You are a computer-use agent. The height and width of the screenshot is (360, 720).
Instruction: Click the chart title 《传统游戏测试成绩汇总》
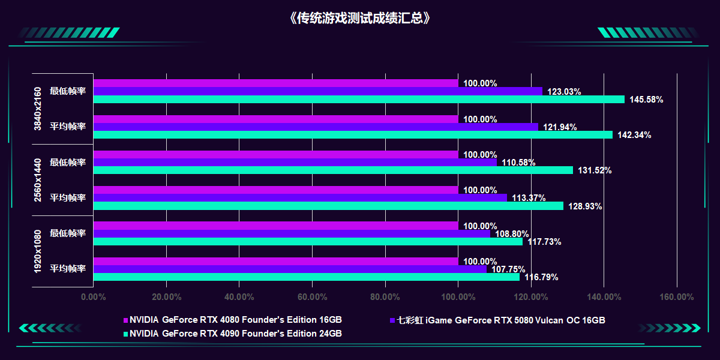(359, 18)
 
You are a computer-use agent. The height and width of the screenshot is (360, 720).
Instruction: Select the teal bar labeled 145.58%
(359, 100)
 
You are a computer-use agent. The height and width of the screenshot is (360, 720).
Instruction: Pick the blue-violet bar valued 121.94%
(316, 127)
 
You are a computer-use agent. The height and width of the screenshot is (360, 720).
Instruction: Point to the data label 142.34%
(634, 135)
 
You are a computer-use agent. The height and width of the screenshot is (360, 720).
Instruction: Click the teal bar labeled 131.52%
(333, 170)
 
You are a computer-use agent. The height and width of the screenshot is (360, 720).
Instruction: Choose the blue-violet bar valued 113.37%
(300, 198)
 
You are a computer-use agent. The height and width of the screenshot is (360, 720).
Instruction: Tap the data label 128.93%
(585, 206)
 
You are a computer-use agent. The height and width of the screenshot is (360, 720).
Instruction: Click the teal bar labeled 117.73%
(308, 242)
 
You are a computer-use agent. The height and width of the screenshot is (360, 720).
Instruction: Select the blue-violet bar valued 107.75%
(290, 269)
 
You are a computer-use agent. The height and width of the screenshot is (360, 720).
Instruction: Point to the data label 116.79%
(541, 277)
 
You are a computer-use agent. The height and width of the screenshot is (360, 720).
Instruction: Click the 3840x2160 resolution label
(38, 109)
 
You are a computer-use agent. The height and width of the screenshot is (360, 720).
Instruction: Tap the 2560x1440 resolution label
(38, 180)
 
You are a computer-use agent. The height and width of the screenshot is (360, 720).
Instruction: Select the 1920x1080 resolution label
(38, 251)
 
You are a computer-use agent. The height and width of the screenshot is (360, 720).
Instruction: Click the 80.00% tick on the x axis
(385, 297)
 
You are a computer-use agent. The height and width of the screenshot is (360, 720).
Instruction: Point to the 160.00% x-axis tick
(677, 297)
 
